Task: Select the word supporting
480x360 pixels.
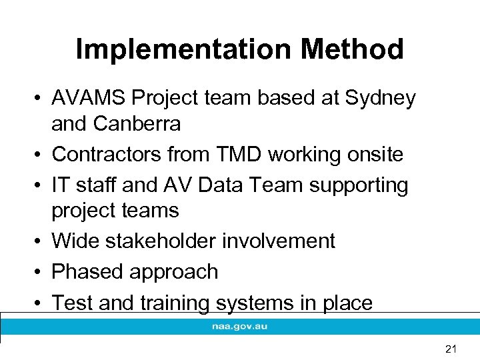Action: coord(359,185)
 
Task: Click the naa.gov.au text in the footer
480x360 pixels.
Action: coord(240,327)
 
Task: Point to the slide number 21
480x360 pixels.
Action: coord(451,347)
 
